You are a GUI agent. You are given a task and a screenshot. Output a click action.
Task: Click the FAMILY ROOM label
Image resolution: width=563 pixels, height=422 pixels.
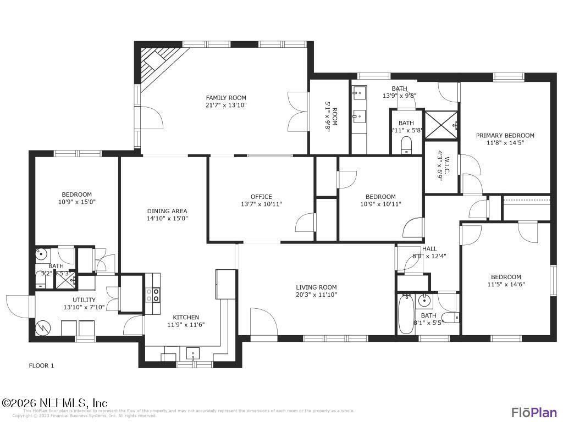226,98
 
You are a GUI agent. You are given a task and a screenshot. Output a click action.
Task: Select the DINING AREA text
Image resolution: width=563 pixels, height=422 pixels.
167,211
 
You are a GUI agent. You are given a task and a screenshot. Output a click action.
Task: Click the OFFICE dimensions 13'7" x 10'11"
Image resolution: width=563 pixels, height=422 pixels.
261,204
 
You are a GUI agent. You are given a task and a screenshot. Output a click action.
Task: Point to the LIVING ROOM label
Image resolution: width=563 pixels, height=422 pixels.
316,287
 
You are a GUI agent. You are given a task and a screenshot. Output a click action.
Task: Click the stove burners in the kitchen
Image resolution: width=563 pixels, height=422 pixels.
153,295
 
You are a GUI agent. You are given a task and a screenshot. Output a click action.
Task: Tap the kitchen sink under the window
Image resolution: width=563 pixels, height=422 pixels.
192,353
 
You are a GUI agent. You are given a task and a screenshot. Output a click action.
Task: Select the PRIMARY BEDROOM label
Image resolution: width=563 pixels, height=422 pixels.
505,136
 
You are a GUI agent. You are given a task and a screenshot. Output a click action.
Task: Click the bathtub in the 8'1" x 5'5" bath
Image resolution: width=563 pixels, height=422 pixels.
405,313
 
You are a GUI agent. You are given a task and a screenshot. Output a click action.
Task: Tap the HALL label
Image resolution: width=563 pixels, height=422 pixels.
429,249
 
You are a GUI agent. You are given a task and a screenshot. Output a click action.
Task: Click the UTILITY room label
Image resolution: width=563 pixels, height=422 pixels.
84,300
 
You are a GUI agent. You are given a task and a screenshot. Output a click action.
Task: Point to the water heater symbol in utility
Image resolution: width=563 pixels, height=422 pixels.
42,328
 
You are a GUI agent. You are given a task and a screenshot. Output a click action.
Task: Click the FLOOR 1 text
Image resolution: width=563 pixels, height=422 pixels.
41,365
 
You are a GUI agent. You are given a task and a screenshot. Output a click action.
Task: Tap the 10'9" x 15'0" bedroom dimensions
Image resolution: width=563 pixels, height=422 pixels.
76,202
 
